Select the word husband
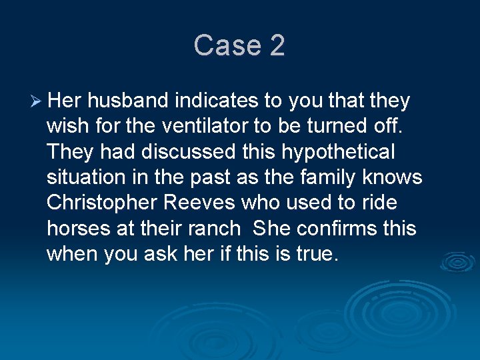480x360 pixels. [128, 101]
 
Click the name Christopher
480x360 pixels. [99, 203]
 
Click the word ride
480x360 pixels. [381, 203]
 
